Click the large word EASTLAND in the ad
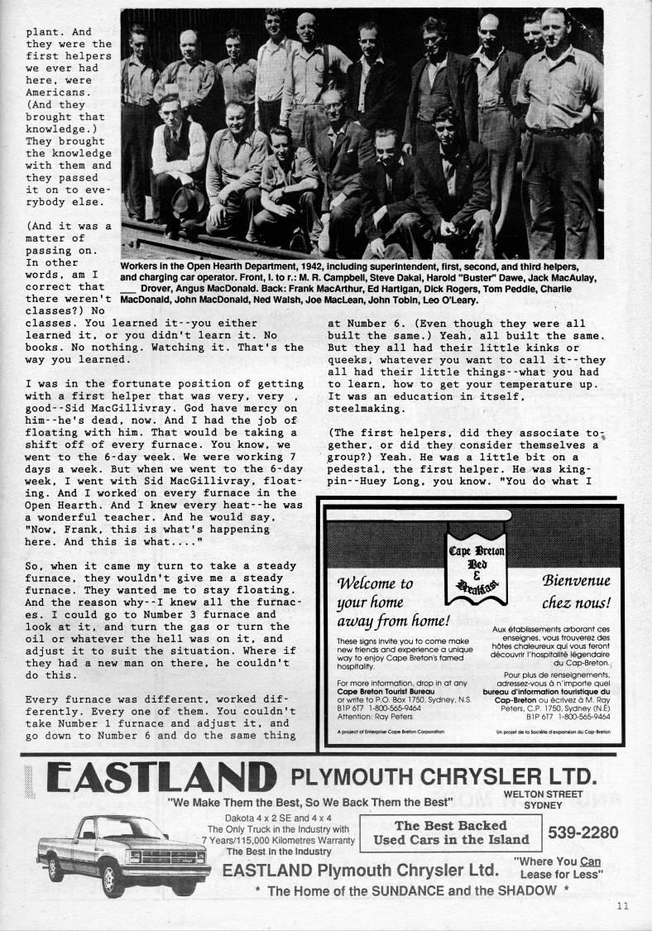(x=161, y=779)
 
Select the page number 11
(x=622, y=905)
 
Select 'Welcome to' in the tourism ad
(x=374, y=583)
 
